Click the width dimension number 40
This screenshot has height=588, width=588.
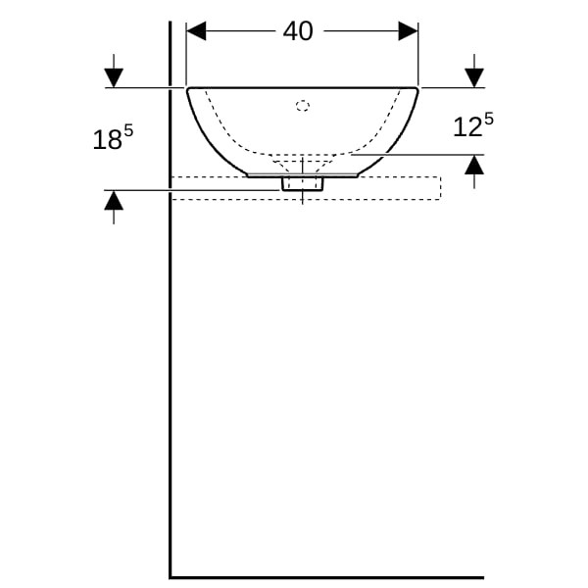298,31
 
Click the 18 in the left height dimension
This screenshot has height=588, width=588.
107,140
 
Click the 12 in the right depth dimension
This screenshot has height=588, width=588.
467,127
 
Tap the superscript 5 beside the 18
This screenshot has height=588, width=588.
128,131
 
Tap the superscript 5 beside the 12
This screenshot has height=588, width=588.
489,120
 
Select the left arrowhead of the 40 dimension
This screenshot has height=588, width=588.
196,30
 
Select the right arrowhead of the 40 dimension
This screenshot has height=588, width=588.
408,30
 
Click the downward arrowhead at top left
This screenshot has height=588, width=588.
114,78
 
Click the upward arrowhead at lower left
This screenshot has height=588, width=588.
114,200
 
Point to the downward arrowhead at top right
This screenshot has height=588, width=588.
474,78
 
